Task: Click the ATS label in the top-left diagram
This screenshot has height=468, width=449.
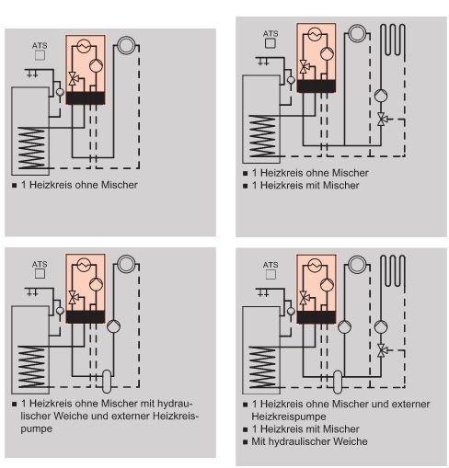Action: [40, 45]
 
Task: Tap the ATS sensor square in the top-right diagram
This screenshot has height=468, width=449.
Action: [271, 43]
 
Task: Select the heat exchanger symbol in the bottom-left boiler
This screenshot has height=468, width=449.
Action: [84, 265]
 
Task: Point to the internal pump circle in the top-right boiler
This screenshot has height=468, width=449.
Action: [327, 53]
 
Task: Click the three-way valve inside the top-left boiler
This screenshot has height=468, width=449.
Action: [74, 78]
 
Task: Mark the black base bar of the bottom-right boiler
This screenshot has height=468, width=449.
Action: [317, 317]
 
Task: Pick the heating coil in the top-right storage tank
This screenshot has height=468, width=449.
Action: [262, 136]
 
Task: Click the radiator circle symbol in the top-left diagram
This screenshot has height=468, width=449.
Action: [126, 45]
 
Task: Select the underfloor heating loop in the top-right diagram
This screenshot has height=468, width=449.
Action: [393, 40]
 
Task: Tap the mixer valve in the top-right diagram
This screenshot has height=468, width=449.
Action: [382, 119]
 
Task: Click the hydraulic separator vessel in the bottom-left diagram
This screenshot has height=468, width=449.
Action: [107, 382]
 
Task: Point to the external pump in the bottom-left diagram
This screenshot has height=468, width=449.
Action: [113, 326]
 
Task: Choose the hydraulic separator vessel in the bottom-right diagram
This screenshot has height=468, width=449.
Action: [338, 382]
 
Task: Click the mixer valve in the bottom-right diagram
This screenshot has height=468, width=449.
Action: [382, 350]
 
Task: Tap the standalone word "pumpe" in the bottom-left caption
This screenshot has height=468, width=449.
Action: [37, 428]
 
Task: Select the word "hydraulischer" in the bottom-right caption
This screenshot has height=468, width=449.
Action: [300, 441]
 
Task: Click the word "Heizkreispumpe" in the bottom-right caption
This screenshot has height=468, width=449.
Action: [289, 417]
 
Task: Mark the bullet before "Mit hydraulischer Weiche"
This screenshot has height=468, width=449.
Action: [245, 442]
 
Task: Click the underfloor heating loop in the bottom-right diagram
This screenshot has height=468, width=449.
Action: [393, 271]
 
